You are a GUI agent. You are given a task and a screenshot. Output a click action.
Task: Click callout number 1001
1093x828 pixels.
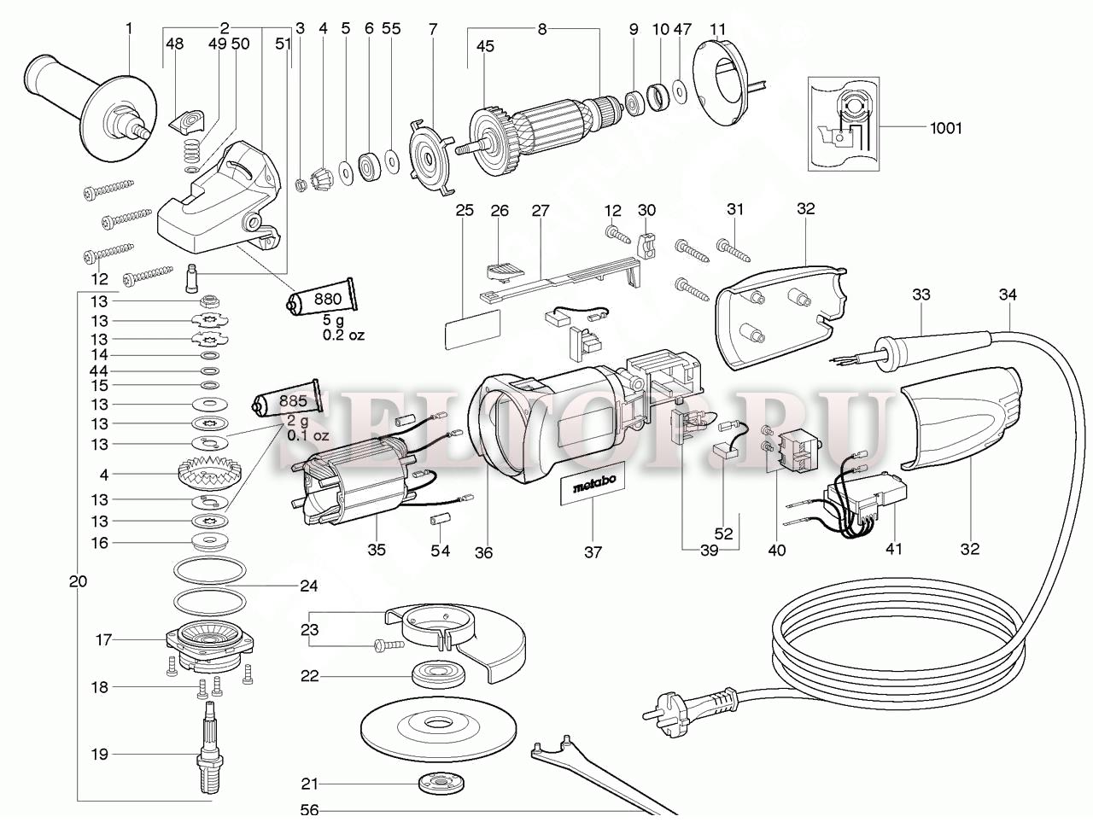pyautogui.click(x=946, y=129)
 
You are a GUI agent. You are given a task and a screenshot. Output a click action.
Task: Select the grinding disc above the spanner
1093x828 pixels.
pyautogui.click(x=439, y=726)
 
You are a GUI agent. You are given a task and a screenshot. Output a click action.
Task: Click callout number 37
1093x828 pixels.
pyautogui.click(x=593, y=552)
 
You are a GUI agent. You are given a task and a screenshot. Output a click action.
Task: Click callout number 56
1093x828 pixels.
pyautogui.click(x=309, y=810)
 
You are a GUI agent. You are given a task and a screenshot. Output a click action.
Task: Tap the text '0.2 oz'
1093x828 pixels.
pyautogui.click(x=343, y=335)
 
